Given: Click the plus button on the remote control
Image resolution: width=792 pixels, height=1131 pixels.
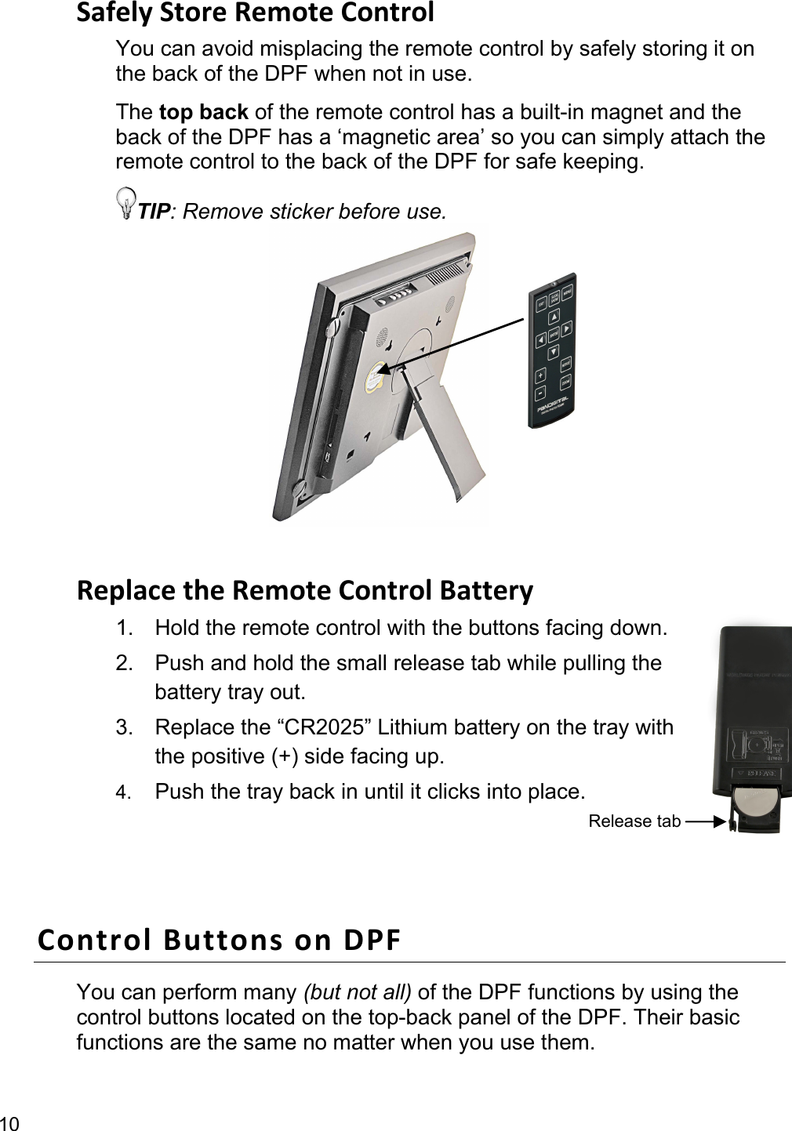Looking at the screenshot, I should (541, 375).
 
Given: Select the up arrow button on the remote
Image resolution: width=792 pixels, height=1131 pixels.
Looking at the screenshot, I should (554, 317).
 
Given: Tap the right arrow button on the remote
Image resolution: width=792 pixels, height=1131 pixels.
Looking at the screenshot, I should (566, 328).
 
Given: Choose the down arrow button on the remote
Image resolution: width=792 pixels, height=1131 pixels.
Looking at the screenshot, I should (552, 351).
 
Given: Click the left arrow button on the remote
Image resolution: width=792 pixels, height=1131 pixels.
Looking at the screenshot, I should (540, 341).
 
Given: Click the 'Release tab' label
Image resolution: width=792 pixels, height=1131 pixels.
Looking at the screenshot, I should (634, 821).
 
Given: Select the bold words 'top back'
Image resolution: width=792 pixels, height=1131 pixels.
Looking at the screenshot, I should (203, 112).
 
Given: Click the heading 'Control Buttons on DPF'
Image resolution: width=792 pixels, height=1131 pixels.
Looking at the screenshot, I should (219, 939).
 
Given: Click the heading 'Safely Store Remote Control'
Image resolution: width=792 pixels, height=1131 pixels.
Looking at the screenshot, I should (255, 13).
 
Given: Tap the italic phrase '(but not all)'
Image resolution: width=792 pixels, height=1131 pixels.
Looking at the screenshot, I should (357, 992).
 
